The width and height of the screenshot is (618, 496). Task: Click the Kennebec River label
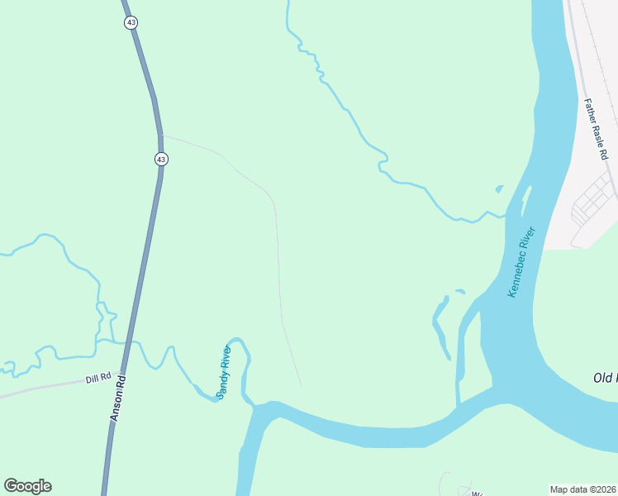(523, 262)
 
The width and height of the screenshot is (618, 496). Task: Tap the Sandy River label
(223, 373)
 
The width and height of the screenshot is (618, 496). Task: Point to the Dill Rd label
(97, 379)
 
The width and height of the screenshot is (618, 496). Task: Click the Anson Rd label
(118, 399)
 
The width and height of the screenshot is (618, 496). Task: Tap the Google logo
(27, 486)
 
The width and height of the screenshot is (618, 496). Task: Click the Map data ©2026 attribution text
(583, 489)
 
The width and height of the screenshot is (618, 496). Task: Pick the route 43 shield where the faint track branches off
(161, 159)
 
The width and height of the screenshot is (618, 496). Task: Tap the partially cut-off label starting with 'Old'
(605, 378)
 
